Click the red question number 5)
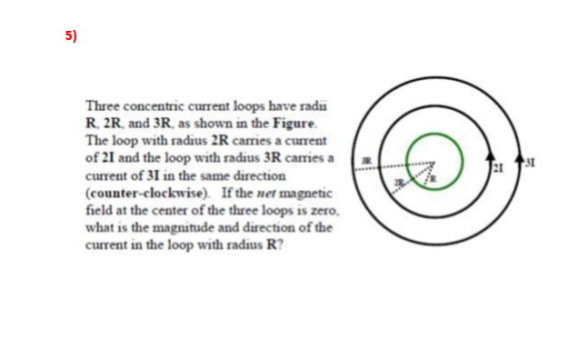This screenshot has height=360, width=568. coord(71,36)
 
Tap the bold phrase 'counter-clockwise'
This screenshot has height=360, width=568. coord(136,193)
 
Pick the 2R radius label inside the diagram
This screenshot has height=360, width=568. coord(397,183)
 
